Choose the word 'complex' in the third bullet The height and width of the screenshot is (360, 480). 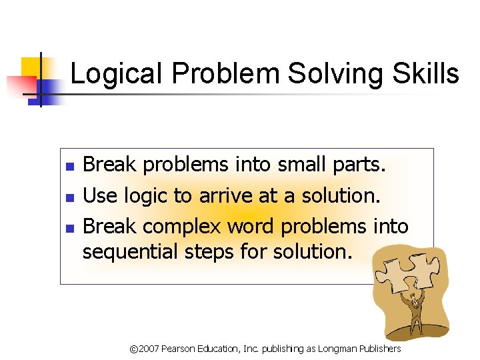182,227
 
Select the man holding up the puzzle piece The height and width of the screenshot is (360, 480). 414,313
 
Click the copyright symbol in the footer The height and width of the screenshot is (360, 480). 133,349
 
